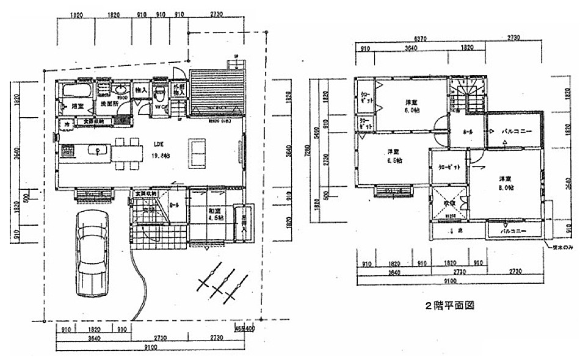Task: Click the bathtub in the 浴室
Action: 76,92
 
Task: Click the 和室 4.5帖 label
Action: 213,214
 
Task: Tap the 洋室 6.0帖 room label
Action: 412,106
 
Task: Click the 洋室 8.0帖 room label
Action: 504,183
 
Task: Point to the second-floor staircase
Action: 467,95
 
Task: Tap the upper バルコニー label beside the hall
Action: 517,132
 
